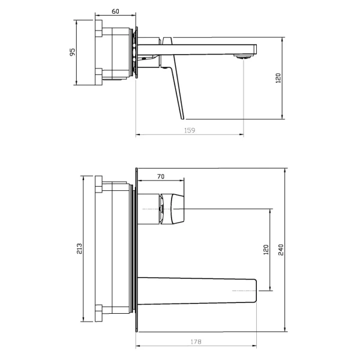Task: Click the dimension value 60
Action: coord(115,11)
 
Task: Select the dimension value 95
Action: coord(73,52)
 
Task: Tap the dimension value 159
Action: coord(190,130)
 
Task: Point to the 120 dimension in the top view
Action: coord(278,78)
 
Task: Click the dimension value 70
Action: coord(161,176)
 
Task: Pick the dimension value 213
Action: coord(79,248)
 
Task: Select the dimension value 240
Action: coord(281,250)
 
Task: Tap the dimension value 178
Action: coord(196,342)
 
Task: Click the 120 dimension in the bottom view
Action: coord(266,250)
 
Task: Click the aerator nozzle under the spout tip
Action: coord(242,56)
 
